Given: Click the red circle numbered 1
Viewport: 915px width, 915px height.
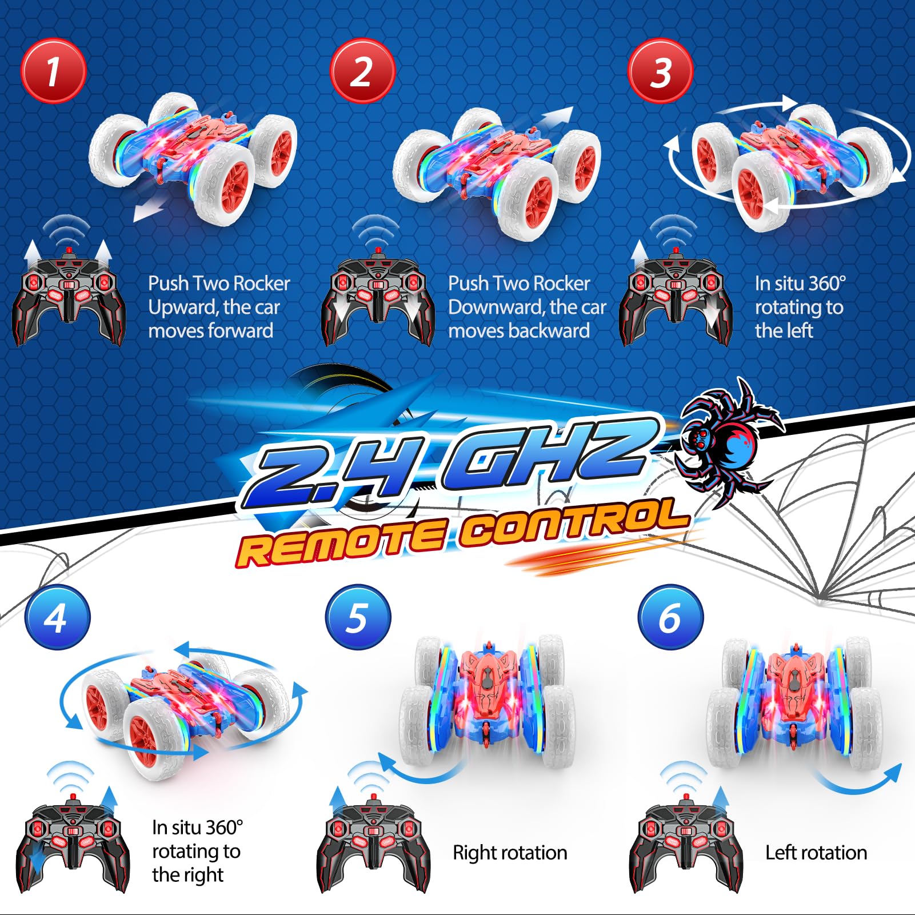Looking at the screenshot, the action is click(53, 71).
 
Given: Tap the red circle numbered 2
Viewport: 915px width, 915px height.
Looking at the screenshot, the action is click(362, 71).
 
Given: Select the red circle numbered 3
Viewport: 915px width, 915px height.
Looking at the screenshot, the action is click(660, 71).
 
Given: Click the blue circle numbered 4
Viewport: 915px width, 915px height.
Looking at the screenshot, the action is click(57, 617).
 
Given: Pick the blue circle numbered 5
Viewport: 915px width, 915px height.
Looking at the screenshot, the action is click(358, 617).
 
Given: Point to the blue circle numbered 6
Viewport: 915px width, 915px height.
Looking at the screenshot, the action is click(670, 617).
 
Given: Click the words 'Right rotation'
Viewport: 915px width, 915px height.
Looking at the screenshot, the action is click(510, 853).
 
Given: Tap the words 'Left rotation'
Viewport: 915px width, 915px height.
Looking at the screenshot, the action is click(816, 853).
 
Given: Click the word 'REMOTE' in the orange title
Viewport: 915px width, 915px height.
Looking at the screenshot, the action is click(341, 544).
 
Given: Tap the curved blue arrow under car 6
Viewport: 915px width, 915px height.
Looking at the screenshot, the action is click(858, 780).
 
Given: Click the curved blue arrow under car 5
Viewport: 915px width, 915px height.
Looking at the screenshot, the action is click(420, 769).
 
